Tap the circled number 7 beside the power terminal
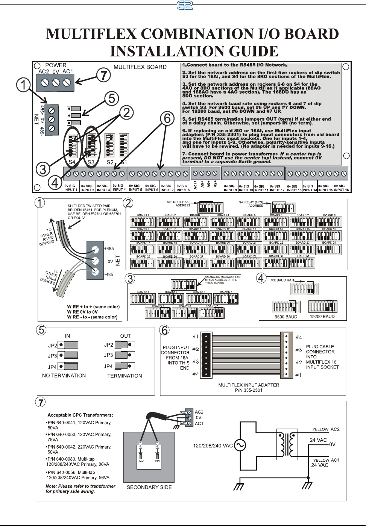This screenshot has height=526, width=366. coord(103,75)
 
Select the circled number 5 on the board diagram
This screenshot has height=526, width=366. coord(112,99)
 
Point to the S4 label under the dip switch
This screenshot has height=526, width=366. coord(71,162)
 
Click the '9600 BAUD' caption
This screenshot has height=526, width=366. coord(286,317)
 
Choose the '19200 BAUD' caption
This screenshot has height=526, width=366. coord(322,317)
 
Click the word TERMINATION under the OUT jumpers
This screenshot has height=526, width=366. coord(125,376)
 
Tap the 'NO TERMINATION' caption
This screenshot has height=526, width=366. coord(64,376)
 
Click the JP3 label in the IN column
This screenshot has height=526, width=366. coord(52,356)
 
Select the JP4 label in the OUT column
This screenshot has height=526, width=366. coord(108,366)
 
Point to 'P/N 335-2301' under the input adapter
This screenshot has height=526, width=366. coord(249,390)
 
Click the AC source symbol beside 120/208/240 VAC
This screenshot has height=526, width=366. coord(239,446)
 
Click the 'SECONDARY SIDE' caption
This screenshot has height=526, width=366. coord(149,487)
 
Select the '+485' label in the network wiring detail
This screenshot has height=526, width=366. coord(109,249)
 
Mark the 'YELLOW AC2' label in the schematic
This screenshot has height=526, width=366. coord(326,429)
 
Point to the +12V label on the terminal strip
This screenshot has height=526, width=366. coord(195,185)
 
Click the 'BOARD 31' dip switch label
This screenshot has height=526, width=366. coord(302,256)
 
